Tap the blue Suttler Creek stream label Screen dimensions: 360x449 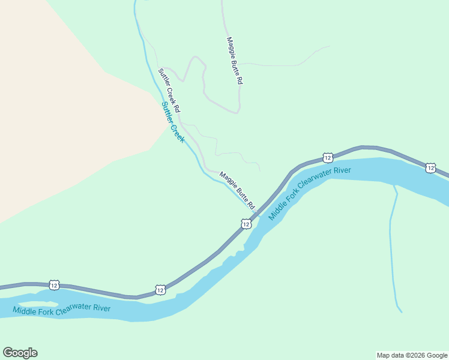click(173, 122)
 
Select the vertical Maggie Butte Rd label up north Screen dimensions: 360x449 click(235, 61)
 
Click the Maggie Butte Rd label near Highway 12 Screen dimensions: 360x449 click(237, 191)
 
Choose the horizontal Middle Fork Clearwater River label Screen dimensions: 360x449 click(62, 310)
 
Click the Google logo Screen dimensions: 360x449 click(20, 353)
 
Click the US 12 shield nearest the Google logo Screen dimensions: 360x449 click(54, 285)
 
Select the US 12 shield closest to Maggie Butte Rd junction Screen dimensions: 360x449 click(246, 224)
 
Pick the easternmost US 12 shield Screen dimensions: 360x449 click(430, 168)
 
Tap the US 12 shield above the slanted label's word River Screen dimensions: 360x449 click(327, 158)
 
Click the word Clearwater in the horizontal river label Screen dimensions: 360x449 click(73, 310)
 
